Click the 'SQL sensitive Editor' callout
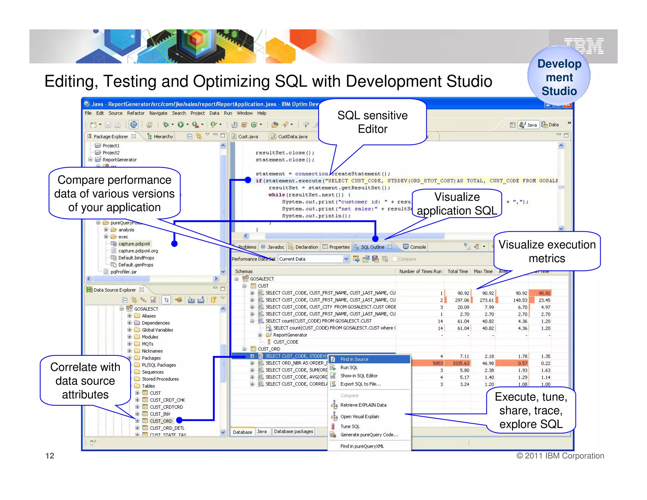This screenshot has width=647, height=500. point(372,122)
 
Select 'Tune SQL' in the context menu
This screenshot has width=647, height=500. point(350,426)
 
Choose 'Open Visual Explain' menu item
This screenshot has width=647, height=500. point(360,417)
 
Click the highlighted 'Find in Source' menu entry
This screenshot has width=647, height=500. point(354,359)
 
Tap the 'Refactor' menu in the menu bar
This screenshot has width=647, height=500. point(136,113)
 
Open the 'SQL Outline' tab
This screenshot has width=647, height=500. point(372,247)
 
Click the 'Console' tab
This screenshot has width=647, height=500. point(417,247)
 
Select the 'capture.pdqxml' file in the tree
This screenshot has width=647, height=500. point(134,244)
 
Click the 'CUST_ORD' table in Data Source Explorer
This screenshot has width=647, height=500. point(161,421)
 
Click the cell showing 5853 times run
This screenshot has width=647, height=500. point(438,363)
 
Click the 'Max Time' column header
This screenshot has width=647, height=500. point(483,271)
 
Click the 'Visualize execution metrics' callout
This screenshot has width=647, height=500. point(547,251)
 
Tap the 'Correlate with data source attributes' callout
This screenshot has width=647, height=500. point(85,381)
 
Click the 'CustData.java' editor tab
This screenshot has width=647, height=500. point(292,137)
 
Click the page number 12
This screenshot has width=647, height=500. point(50,455)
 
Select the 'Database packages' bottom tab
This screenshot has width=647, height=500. point(293,431)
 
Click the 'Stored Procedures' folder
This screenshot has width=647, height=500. point(160,379)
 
